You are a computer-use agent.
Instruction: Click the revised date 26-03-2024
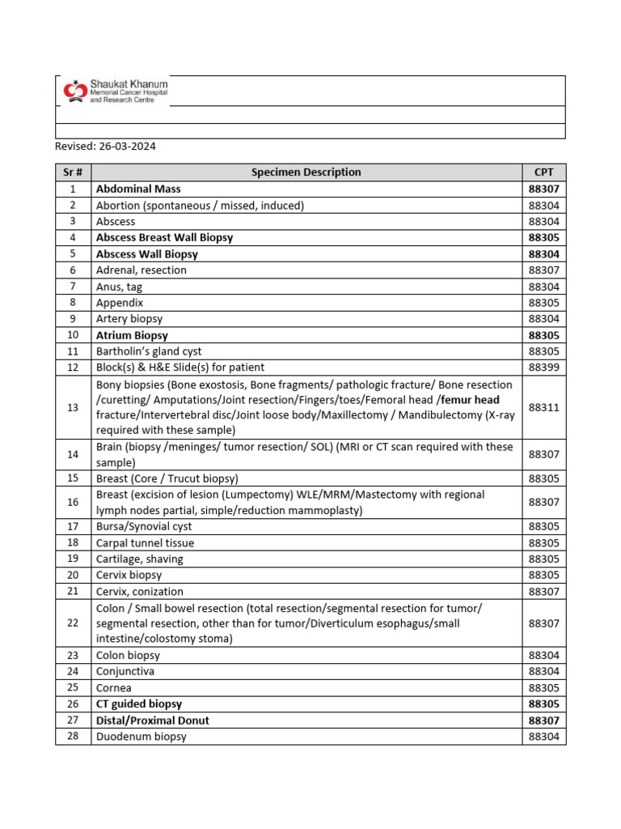click(x=105, y=147)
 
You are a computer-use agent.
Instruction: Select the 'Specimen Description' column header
click(x=306, y=172)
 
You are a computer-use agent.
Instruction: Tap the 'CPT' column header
click(x=543, y=172)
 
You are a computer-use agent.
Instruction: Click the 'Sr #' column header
click(x=73, y=172)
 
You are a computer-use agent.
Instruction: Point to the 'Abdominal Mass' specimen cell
click(x=138, y=189)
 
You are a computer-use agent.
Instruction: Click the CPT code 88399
click(x=543, y=368)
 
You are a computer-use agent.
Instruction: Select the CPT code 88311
click(x=543, y=407)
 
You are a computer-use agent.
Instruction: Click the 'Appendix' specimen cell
click(x=120, y=303)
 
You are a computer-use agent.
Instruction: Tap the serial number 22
click(x=73, y=623)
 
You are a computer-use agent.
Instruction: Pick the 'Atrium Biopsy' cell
click(x=132, y=335)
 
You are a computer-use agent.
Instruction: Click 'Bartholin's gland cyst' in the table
click(x=149, y=351)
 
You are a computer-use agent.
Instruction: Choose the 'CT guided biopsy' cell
click(x=139, y=704)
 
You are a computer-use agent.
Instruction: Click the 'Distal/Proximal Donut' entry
click(x=158, y=721)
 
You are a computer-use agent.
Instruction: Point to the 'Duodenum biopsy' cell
click(x=142, y=737)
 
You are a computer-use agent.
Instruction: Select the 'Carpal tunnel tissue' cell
click(x=145, y=543)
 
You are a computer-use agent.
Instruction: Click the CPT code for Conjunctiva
click(x=543, y=672)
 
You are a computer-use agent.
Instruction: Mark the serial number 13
click(x=73, y=407)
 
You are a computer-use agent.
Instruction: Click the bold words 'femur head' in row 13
click(x=471, y=400)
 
